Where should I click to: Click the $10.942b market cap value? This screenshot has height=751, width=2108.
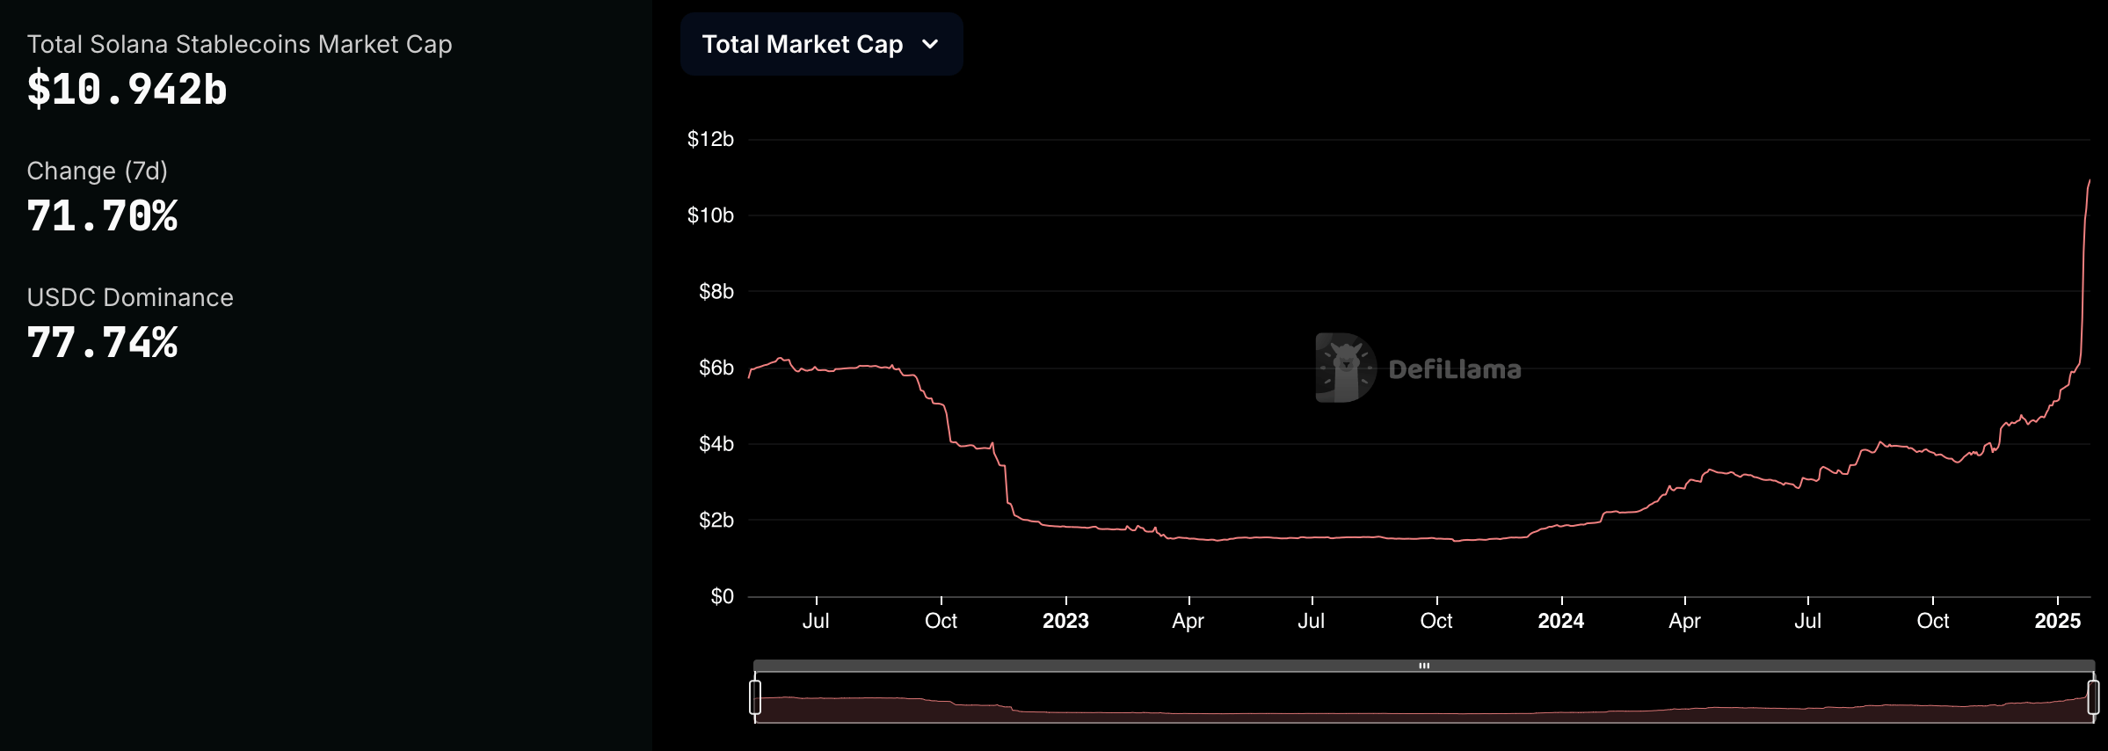point(127,90)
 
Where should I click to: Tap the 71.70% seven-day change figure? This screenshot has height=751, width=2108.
point(103,216)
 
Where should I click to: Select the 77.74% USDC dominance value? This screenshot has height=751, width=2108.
point(103,343)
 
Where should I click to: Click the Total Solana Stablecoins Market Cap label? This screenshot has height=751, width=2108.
point(239,44)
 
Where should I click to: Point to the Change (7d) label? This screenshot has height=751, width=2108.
point(97,171)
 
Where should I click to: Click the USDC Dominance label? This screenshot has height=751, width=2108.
point(130,297)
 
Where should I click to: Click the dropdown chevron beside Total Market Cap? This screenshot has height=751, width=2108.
point(930,44)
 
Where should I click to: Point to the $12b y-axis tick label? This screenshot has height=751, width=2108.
point(710,139)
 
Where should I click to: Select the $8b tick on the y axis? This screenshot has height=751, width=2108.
point(716,291)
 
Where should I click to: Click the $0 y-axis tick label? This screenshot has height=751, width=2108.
point(722,596)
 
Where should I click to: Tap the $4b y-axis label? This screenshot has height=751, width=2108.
point(716,444)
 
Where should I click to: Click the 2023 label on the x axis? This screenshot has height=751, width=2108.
point(1065,621)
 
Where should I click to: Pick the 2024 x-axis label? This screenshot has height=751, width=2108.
point(1560,621)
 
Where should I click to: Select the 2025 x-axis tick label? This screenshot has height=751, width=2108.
point(2057,621)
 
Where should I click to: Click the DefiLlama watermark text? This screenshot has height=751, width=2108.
point(1455,369)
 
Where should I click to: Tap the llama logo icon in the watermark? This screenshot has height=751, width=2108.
point(1345,368)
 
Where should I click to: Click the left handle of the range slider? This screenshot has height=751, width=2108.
point(755,696)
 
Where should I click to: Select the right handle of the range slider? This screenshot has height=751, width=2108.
point(2093,696)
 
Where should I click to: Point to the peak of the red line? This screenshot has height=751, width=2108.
point(2089,181)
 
